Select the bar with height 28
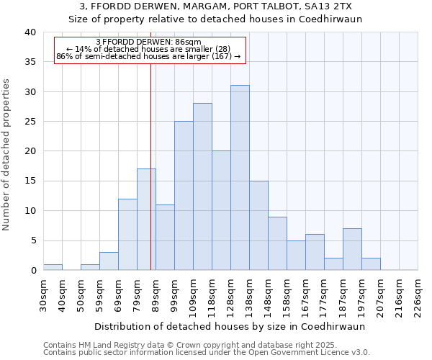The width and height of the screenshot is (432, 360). pos(202,186)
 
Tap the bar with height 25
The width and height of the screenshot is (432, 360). pos(184,196)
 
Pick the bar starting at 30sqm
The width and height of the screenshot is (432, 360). pos(53,267)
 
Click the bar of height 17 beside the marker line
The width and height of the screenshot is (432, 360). pos(146,220)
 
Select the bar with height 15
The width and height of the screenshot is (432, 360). pos(258,225)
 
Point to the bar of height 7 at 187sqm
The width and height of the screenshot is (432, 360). pos(352,249)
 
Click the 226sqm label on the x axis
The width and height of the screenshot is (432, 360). pos(418,296)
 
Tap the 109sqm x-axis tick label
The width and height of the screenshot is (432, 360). pos(193,296)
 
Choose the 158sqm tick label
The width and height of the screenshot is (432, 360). pos(287,296)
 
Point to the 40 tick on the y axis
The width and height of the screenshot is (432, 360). pos(30,32)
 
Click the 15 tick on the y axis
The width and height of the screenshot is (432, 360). pos(30,181)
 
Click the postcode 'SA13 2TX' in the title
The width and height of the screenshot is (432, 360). pos(329,6)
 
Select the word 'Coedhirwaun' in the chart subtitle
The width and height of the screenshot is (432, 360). pos(330,19)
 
